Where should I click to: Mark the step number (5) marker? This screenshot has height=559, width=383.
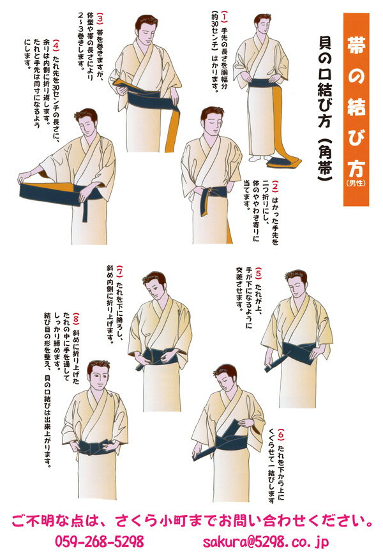(x=259, y=272)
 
